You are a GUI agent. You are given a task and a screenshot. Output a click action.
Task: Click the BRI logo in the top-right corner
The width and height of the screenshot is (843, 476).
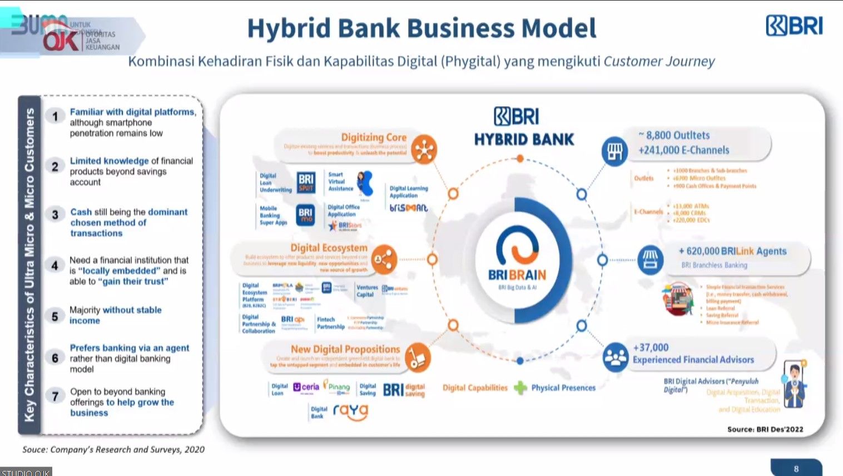click(x=794, y=26)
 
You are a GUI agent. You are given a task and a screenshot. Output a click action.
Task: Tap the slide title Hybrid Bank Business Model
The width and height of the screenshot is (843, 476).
click(x=421, y=28)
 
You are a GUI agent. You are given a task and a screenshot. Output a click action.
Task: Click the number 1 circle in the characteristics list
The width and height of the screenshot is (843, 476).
click(x=54, y=116)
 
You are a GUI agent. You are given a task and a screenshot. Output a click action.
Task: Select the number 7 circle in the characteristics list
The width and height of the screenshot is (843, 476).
click(x=54, y=396)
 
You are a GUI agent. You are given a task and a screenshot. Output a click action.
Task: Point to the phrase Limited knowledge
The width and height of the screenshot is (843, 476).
click(x=109, y=161)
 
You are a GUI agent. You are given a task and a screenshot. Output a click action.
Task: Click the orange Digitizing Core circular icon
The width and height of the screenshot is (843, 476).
click(x=424, y=149)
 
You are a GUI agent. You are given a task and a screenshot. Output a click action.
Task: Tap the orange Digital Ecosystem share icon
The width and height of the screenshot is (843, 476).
click(x=384, y=259)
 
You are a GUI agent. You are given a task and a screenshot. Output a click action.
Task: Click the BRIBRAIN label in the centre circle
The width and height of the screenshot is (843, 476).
click(x=517, y=275)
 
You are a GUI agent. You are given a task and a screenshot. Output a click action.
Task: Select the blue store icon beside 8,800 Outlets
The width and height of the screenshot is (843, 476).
click(x=614, y=150)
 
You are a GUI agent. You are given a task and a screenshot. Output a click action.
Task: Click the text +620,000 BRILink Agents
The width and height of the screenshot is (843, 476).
click(x=732, y=251)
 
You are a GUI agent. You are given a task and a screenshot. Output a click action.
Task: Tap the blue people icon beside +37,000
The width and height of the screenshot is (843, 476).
click(x=615, y=357)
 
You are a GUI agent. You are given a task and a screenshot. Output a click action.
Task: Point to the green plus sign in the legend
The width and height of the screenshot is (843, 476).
click(x=520, y=387)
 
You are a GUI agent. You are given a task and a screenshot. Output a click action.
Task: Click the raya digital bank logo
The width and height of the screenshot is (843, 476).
click(x=350, y=411)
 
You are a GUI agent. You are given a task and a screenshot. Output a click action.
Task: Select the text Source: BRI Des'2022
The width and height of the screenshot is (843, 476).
click(x=765, y=429)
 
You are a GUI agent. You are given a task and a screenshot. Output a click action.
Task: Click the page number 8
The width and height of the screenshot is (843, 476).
click(x=796, y=469)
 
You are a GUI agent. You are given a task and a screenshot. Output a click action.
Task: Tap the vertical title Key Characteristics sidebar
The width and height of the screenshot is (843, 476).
click(x=29, y=264)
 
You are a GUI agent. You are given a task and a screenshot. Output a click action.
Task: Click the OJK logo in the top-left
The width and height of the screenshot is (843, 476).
click(x=62, y=40)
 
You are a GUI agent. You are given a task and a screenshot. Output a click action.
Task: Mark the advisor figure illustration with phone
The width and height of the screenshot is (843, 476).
click(x=794, y=384)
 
